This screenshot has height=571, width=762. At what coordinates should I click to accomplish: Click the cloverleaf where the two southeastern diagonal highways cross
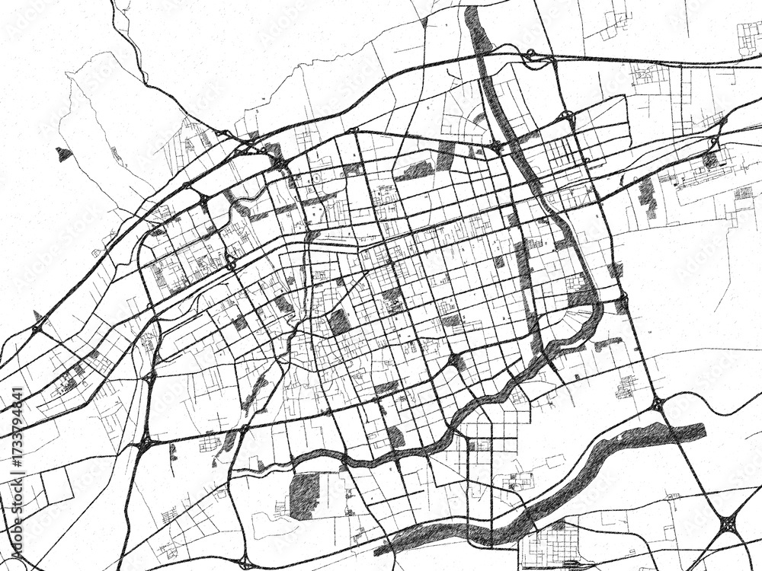pyautogui.click(x=728, y=524)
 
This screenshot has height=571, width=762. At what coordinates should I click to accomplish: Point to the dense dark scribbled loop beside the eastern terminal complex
pyautogui.click(x=710, y=160)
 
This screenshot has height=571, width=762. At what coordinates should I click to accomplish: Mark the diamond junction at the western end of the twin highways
pyautogui.click(x=37, y=328)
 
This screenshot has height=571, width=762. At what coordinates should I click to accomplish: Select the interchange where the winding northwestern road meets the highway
pyautogui.click(x=228, y=136)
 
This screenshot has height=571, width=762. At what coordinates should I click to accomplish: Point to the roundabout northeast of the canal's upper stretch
pyautogui.click(x=568, y=116)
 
